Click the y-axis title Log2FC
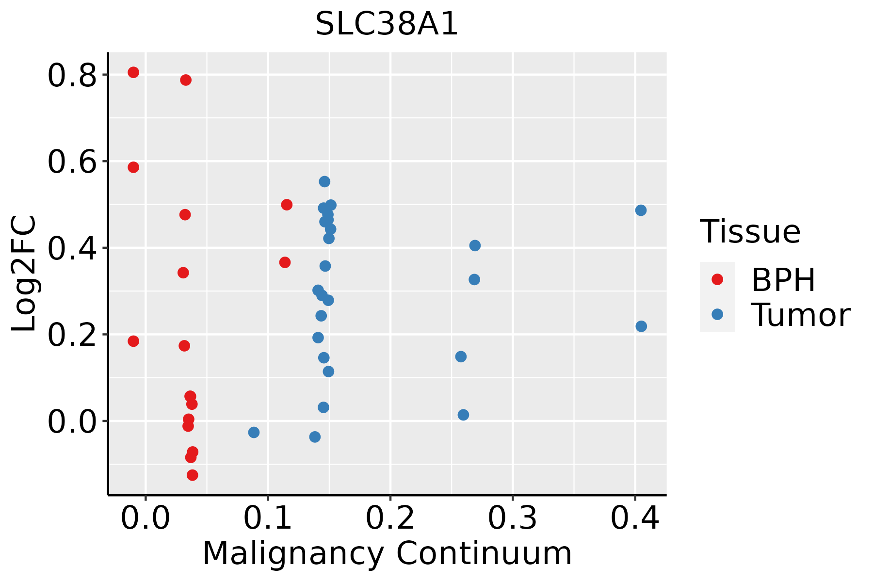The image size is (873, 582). tap(24, 274)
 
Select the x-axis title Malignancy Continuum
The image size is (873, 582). tap(387, 553)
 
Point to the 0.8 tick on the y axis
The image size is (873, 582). tap(72, 76)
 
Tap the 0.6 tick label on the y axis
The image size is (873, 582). tap(72, 162)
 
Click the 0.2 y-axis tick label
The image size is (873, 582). tap(72, 336)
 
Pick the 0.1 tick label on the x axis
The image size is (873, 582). tap(268, 518)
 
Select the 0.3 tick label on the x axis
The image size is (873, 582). tap(512, 518)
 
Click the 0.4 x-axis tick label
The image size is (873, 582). tap(634, 518)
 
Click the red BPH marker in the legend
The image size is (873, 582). tap(717, 279)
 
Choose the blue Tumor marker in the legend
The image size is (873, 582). tap(717, 314)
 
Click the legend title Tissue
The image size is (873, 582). tap(750, 232)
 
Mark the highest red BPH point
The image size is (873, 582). tap(133, 72)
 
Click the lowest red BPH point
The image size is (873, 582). tap(193, 475)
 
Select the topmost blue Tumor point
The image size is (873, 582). tap(324, 181)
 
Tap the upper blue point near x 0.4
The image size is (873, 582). tap(641, 210)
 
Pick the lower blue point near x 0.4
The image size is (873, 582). tap(641, 326)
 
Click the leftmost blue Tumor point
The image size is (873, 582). tap(254, 432)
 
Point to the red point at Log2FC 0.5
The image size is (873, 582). tap(287, 205)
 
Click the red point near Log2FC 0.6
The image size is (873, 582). tap(133, 167)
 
